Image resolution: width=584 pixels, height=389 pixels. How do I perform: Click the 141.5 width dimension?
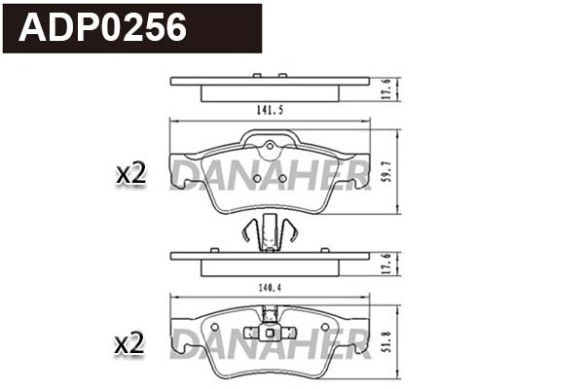[x=270, y=110]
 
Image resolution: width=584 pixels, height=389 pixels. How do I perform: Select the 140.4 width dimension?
[x=270, y=288]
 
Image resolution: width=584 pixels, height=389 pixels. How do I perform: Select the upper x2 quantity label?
[x=129, y=174]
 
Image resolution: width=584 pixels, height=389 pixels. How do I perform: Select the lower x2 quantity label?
[x=129, y=343]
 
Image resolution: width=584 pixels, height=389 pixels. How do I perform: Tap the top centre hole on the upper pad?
[x=270, y=148]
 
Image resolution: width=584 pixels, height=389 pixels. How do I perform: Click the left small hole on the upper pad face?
[x=255, y=178]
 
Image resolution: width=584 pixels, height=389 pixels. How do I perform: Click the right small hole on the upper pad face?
[x=283, y=178]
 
